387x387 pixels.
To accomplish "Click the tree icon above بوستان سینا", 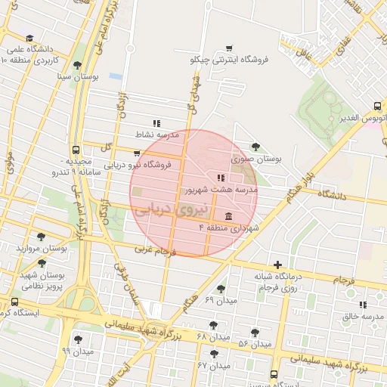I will coord(76,65).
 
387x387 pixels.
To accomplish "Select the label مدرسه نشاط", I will coord(156,134).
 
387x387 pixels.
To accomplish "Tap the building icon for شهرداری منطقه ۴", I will coord(228,215).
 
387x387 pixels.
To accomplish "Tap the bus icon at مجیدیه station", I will coord(76,149).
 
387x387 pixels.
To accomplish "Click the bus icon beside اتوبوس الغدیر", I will coord(377,107).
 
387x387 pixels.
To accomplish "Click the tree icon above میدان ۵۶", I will coord(255,332).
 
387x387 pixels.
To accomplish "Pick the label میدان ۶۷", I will coord(213,365).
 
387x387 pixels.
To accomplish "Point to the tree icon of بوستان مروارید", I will coord(41,237).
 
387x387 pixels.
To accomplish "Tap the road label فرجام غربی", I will coord(156,249).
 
